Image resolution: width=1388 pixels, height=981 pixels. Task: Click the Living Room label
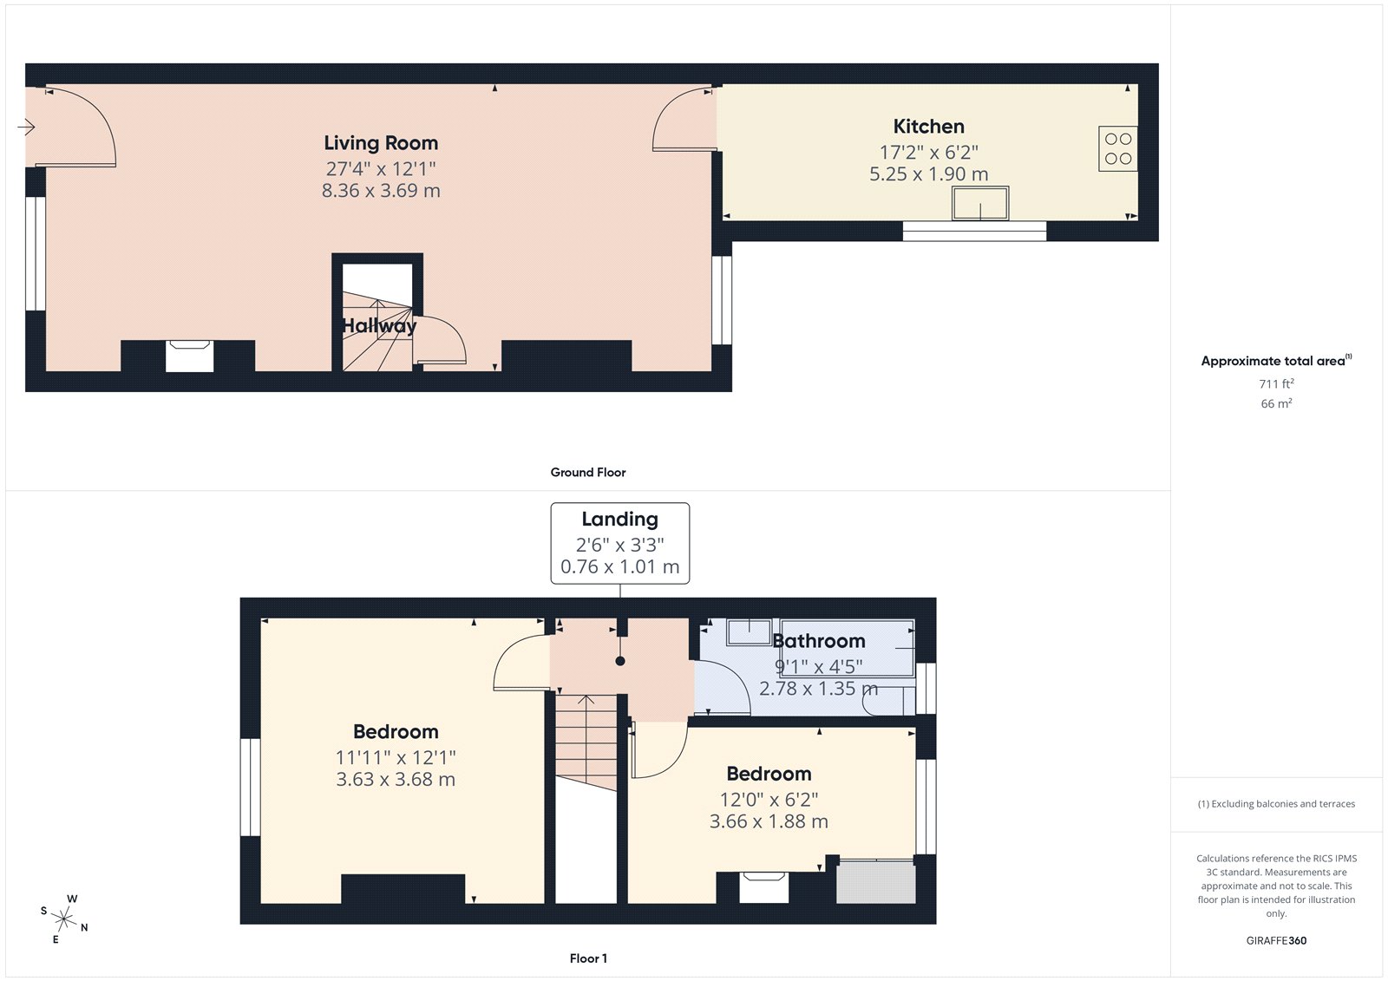pos(381,143)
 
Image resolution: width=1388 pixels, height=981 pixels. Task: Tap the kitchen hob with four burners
pos(1117,148)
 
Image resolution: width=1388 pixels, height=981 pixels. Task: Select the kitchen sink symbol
pos(980,204)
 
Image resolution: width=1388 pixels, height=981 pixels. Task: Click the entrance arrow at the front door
pos(26,128)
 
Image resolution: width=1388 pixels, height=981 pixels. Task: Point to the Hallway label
pos(379,326)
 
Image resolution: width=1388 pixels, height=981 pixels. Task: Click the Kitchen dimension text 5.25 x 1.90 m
pos(928,174)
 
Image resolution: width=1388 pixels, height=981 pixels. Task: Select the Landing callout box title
pos(619,520)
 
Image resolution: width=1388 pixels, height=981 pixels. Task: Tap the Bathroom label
pos(819,641)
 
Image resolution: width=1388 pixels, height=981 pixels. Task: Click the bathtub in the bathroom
pos(847,648)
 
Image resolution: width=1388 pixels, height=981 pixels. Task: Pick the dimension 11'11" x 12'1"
pos(396,757)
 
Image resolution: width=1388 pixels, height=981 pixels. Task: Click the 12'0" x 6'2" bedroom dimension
pos(769,800)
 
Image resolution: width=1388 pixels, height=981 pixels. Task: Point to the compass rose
pos(64,918)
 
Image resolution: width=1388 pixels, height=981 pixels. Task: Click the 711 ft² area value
pos(1276,383)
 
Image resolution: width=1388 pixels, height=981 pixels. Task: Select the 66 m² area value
pos(1276,403)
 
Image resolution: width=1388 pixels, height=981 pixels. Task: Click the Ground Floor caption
pos(587,473)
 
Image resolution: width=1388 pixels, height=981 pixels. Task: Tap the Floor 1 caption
pos(588,958)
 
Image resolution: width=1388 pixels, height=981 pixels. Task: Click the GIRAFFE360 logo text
pos(1276,940)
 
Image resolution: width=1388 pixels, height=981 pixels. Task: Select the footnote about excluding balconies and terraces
pos(1276,804)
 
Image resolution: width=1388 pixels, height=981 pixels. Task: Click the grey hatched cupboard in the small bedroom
pos(875,882)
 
